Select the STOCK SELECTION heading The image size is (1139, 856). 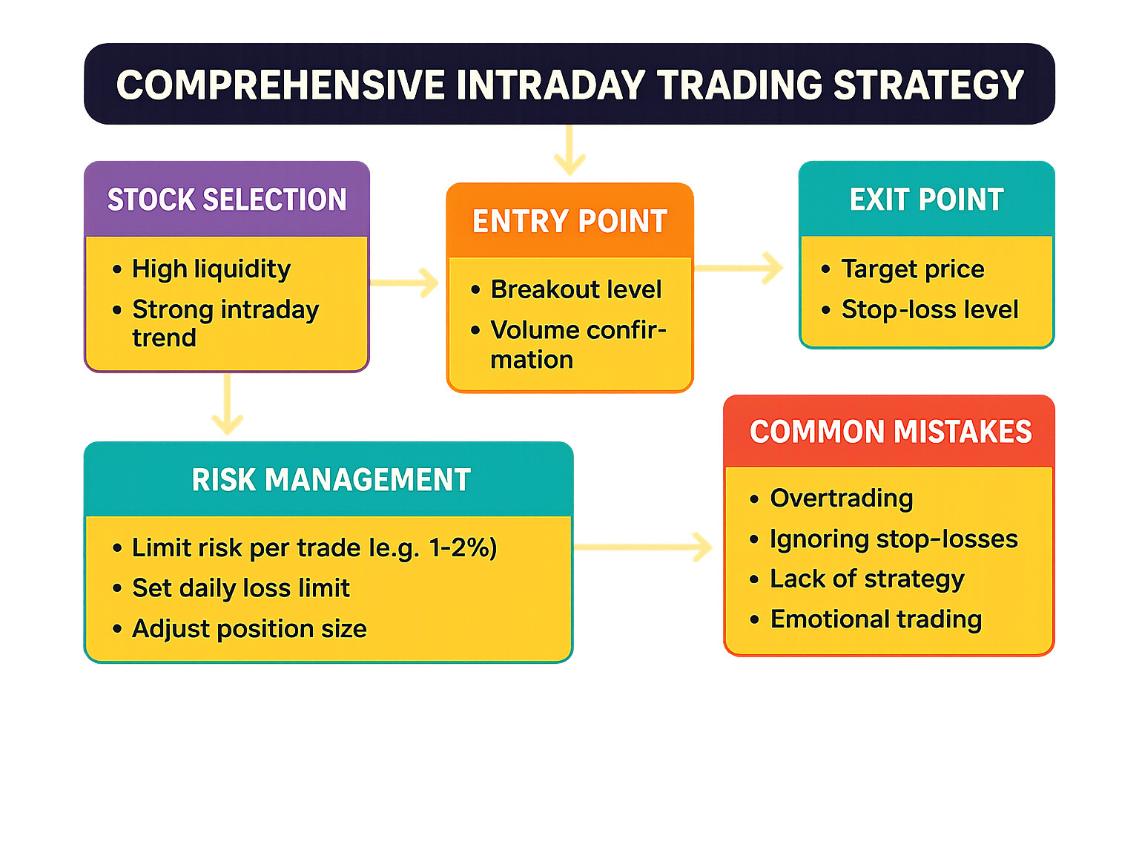[x=227, y=200]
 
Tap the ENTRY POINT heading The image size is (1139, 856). [x=569, y=221]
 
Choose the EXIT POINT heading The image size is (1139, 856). [x=926, y=200]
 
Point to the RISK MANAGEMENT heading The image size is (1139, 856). [x=331, y=479]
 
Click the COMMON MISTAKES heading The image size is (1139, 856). [x=891, y=432]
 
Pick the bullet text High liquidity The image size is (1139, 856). [x=211, y=269]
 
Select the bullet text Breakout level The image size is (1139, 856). [x=576, y=289]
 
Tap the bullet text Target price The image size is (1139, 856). [x=913, y=269]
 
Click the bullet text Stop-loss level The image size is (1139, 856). [x=930, y=309]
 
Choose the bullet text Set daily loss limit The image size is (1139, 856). [x=241, y=588]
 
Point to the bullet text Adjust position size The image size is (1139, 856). [x=250, y=628]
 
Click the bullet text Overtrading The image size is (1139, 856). [x=841, y=498]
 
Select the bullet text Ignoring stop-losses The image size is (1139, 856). [x=894, y=539]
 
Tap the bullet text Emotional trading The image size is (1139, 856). [x=876, y=619]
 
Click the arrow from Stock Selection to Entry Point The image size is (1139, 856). [x=404, y=283]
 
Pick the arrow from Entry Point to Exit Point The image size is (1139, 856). [x=739, y=269]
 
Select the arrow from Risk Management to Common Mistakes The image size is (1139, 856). [x=643, y=547]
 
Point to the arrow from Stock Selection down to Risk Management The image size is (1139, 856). [x=228, y=404]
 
